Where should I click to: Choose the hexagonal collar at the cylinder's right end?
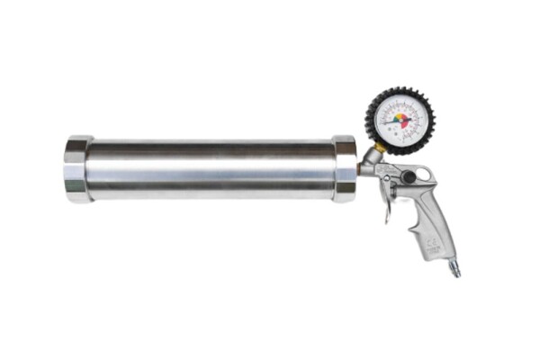point(344,168)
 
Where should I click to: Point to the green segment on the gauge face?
point(398,115)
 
